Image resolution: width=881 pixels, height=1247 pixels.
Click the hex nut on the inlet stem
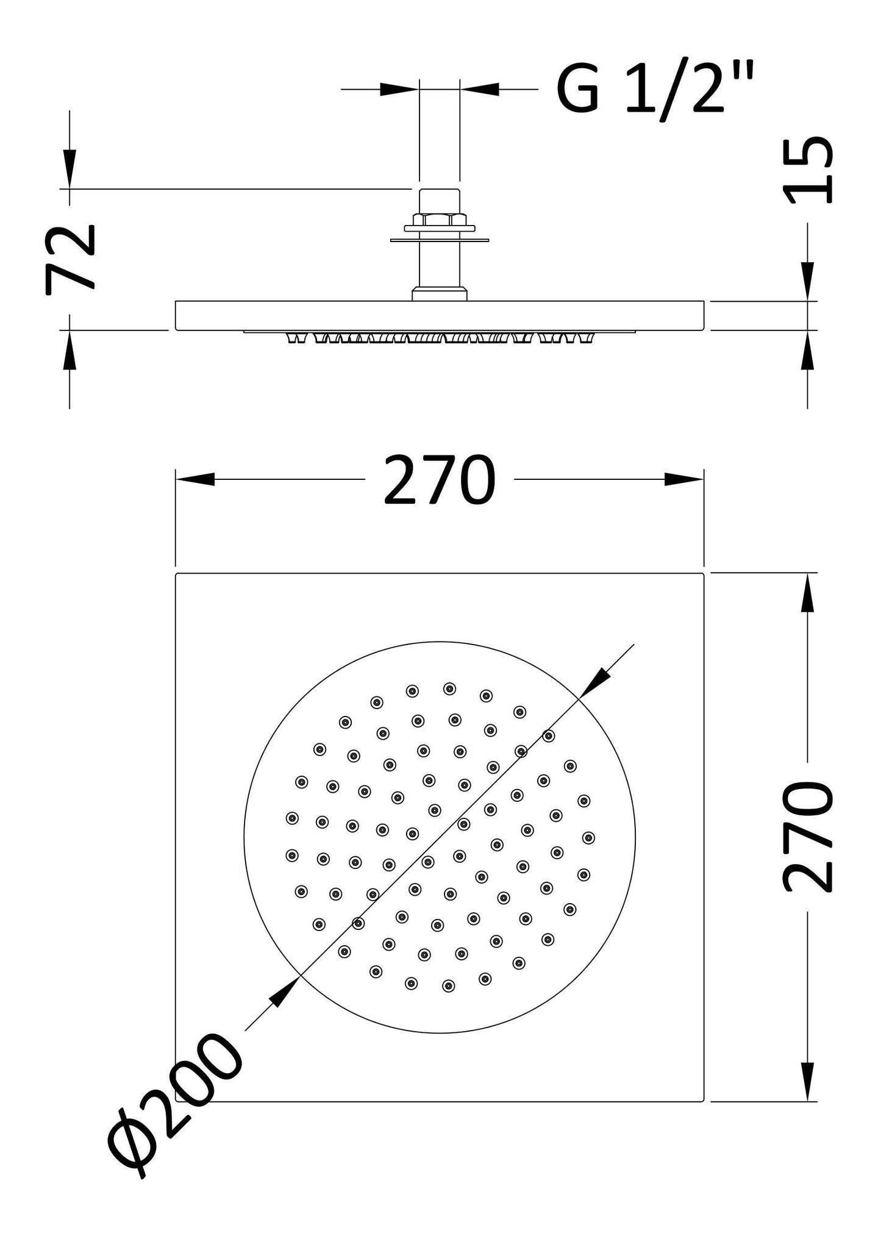439,220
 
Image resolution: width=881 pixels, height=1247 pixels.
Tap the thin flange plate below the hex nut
439,240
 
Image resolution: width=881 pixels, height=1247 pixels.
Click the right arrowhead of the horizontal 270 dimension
683,479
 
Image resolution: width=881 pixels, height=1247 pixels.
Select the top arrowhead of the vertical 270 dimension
808,593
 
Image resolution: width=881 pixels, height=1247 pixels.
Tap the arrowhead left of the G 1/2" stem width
398,90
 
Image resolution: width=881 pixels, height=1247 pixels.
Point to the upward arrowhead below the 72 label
70,351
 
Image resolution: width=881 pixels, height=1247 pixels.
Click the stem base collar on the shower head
439,295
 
